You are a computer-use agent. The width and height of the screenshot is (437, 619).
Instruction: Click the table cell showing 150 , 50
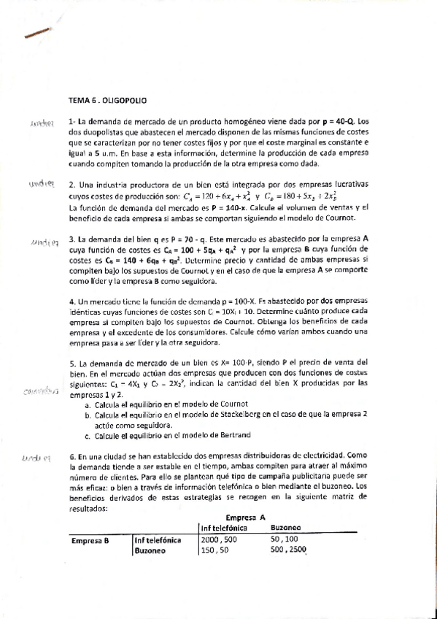point(215,550)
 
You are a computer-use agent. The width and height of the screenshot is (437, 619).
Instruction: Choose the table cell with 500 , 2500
point(287,550)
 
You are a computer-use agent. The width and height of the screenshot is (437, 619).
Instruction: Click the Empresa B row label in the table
point(90,540)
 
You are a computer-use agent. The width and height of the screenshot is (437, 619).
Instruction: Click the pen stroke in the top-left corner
point(37,34)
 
